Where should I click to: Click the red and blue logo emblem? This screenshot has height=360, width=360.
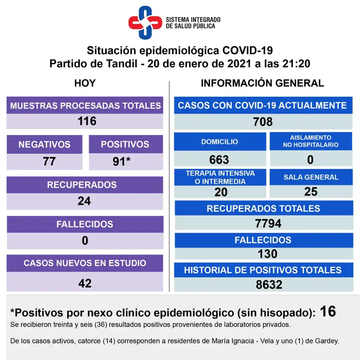(144, 23)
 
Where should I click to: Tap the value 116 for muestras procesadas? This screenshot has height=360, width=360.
(87, 121)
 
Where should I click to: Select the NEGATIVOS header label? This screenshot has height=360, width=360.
(44, 144)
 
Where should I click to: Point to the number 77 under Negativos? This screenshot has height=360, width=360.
(50, 161)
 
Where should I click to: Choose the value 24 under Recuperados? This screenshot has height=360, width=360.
(84, 201)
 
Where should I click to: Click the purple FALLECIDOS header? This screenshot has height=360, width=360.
(85, 224)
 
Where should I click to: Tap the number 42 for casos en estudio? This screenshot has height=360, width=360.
(85, 283)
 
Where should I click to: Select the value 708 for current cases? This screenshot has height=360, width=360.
(263, 122)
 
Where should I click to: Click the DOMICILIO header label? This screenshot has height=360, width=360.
(219, 142)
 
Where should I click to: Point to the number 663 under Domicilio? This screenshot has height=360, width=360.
(219, 160)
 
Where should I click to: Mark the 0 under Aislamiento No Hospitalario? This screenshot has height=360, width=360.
(310, 160)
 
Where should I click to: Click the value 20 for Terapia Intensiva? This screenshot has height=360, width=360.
(221, 192)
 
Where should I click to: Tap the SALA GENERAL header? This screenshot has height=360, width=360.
(311, 177)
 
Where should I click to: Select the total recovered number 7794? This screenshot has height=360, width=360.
(268, 223)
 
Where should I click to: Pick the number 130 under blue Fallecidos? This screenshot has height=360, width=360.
(268, 253)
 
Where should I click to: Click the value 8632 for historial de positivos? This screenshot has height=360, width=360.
(269, 284)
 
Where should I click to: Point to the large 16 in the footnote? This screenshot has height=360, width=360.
(328, 311)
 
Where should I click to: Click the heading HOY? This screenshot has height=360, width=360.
(85, 83)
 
